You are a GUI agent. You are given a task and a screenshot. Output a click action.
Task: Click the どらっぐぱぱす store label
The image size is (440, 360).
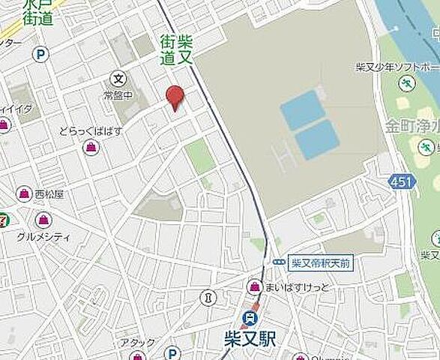91,130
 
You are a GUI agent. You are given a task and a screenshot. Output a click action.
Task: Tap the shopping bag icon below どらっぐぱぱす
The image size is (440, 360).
91,146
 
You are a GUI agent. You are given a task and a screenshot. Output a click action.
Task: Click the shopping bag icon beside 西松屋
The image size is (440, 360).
25,193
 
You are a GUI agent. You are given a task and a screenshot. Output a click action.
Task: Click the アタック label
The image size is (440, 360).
138,343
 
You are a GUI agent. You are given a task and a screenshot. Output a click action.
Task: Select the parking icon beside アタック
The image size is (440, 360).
172,352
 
